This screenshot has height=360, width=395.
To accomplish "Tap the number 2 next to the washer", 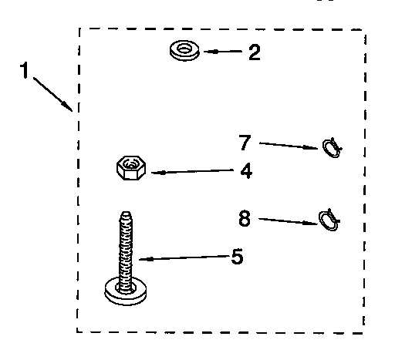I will (253, 52).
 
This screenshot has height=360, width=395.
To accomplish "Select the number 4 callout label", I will (245, 171).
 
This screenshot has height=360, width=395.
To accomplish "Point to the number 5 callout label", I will (237, 256).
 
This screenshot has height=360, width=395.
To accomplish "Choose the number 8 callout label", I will (245, 218).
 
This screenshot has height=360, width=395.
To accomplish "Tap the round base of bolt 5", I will (123, 291).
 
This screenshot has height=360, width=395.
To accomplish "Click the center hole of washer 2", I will (184, 50).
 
